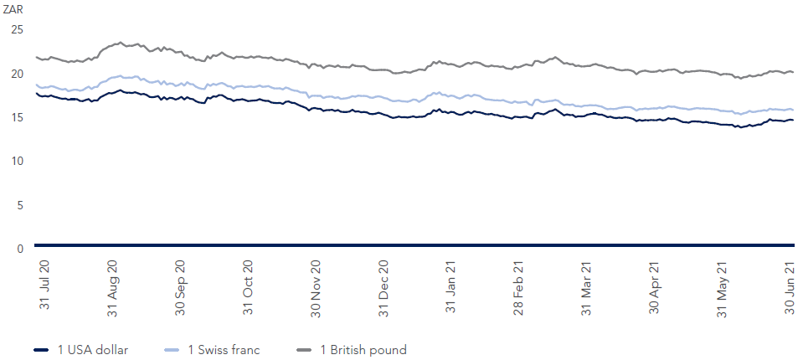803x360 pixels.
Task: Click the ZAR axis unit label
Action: point(13,9)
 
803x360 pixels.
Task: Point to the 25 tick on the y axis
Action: point(17,29)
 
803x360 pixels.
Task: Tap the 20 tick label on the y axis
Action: point(17,74)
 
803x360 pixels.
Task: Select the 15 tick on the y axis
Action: point(17,117)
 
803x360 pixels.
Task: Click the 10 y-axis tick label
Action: point(17,161)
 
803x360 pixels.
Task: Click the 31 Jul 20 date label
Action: point(44,285)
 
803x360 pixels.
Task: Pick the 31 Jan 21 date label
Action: point(451,285)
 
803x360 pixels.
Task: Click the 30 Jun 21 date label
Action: point(788,285)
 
